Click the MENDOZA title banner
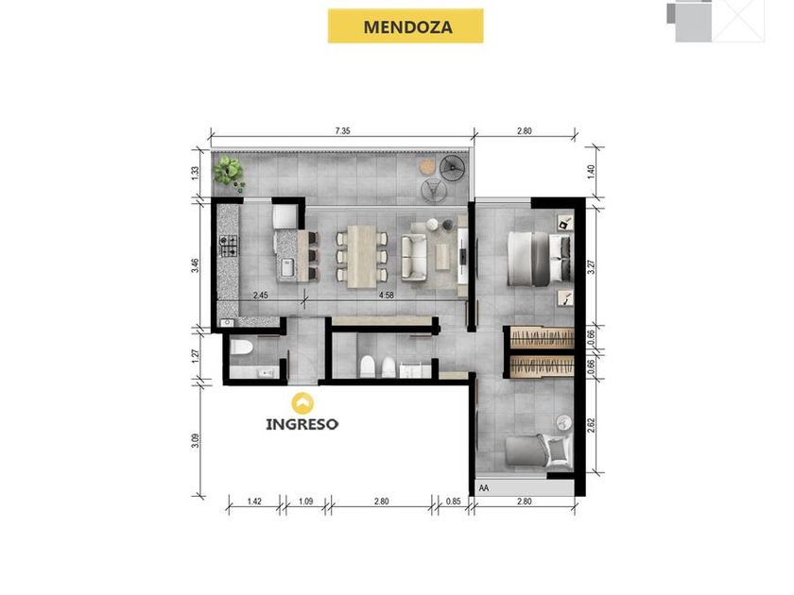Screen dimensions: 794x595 (406, 25)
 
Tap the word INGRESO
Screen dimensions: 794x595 (302, 423)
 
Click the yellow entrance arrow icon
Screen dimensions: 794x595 (302, 403)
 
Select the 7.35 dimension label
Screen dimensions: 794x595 (343, 130)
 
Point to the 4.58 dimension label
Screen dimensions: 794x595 (387, 295)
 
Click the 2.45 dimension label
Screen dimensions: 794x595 (260, 295)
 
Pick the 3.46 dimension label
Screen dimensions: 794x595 (196, 265)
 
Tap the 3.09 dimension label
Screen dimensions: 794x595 (196, 440)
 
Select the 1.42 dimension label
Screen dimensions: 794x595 (254, 501)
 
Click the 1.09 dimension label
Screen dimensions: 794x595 (306, 501)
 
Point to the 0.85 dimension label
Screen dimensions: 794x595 (454, 501)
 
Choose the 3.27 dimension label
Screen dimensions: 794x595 (591, 266)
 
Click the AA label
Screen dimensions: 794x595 (484, 488)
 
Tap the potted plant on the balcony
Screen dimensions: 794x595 (230, 173)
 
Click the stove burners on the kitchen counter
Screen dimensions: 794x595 (229, 246)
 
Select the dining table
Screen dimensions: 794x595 (361, 257)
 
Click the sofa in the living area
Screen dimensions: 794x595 (414, 257)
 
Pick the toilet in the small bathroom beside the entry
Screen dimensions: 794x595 (241, 348)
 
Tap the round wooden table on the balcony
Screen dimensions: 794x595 (428, 166)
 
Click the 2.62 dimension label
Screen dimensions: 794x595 (591, 425)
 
